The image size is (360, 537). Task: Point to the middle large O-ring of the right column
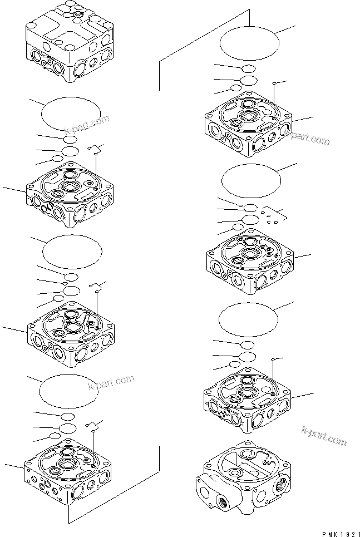coord(251,181)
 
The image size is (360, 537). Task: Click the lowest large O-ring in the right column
coord(248,321)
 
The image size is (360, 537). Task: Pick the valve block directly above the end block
coord(248,401)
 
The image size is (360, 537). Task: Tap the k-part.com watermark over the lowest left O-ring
coord(111,383)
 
